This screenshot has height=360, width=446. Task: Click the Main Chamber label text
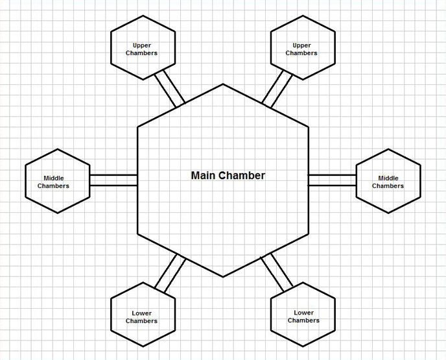click(x=228, y=175)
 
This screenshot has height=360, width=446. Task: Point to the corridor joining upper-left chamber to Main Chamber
click(x=169, y=89)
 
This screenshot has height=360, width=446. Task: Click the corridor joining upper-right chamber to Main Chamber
click(x=277, y=89)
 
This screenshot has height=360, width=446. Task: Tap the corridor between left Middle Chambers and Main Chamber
click(x=113, y=180)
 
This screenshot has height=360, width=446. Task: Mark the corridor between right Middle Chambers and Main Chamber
click(x=332, y=180)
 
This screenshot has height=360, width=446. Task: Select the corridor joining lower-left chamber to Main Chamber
click(x=170, y=273)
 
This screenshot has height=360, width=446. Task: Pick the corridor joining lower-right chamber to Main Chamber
click(x=277, y=273)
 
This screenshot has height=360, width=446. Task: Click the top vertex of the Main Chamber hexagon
click(x=223, y=84)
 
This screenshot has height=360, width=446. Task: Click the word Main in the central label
click(x=203, y=175)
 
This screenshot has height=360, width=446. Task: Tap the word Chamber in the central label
click(x=241, y=175)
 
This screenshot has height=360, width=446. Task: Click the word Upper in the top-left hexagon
click(x=142, y=45)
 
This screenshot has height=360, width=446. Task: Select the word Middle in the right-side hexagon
click(x=388, y=178)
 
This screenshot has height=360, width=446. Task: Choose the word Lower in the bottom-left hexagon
click(x=141, y=313)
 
